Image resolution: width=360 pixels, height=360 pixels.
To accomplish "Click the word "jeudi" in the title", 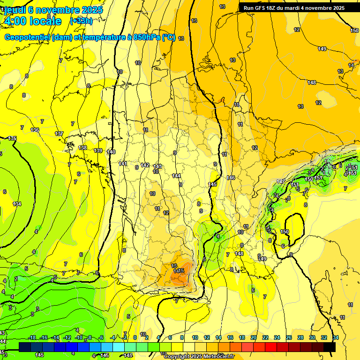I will tap(15, 10).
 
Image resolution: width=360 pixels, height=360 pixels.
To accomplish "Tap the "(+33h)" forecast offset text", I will tap(81, 21).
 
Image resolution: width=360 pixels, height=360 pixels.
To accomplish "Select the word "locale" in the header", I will tap(45, 21).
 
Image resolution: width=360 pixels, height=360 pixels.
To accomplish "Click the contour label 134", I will tap(17, 204).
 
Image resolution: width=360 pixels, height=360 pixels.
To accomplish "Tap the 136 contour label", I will tap(34, 130).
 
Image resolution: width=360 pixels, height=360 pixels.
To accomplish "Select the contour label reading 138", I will tap(82, 148).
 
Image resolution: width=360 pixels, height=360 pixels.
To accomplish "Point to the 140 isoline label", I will tap(111, 152).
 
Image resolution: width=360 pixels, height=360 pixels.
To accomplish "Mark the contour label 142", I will tap(145, 165).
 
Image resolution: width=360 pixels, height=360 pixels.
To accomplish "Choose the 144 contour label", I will tap(176, 176).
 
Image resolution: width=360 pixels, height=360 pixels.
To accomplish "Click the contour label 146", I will tap(231, 178).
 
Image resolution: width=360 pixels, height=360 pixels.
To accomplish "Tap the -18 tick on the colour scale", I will tap(32, 337).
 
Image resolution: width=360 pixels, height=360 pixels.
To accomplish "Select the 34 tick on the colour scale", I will tap(336, 337).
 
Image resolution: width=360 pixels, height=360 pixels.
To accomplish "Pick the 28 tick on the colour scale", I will tap(300, 337).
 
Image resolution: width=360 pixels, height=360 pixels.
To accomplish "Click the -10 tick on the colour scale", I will tap(79, 337).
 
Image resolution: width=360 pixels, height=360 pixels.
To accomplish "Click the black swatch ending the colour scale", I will tap(330, 347).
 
